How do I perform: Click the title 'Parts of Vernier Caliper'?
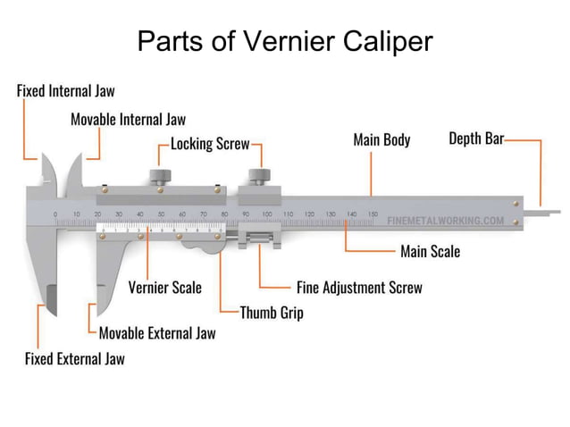click(x=284, y=41)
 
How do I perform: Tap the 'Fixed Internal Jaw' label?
click(x=66, y=90)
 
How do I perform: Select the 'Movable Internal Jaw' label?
click(x=128, y=119)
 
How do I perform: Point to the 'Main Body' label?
click(x=381, y=140)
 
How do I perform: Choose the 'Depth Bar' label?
click(x=475, y=139)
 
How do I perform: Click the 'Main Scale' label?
click(x=430, y=252)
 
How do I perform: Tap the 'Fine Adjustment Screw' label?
click(x=359, y=288)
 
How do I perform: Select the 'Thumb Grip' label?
click(x=272, y=313)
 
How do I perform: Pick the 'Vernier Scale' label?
click(x=164, y=288)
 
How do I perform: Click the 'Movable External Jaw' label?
click(x=156, y=333)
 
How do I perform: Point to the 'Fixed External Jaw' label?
click(x=74, y=359)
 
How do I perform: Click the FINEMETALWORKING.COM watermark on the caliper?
click(x=446, y=220)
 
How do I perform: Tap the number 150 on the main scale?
click(x=371, y=214)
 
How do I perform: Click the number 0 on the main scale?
click(x=55, y=214)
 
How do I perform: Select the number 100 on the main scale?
click(x=266, y=214)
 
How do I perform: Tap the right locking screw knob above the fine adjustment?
click(x=259, y=174)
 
